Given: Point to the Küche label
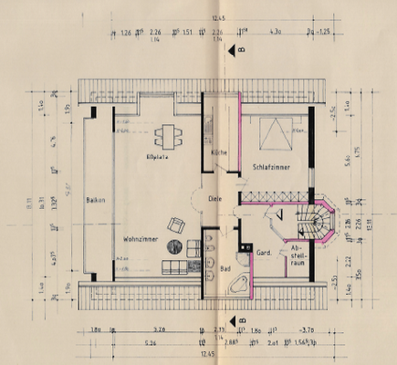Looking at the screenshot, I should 217,152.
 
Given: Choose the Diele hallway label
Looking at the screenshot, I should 214,198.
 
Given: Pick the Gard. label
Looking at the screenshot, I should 265,252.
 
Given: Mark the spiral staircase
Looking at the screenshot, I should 318,222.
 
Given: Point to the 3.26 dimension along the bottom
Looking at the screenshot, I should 161,330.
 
